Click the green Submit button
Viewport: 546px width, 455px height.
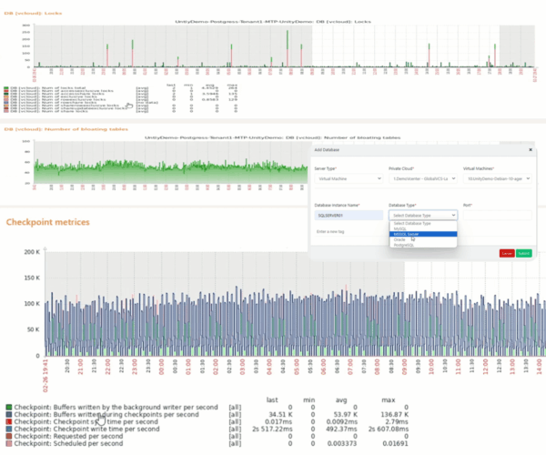(x=524, y=253)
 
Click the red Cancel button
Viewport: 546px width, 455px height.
(x=507, y=253)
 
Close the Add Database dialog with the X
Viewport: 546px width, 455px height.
(x=530, y=148)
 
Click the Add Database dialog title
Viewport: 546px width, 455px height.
(x=327, y=148)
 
